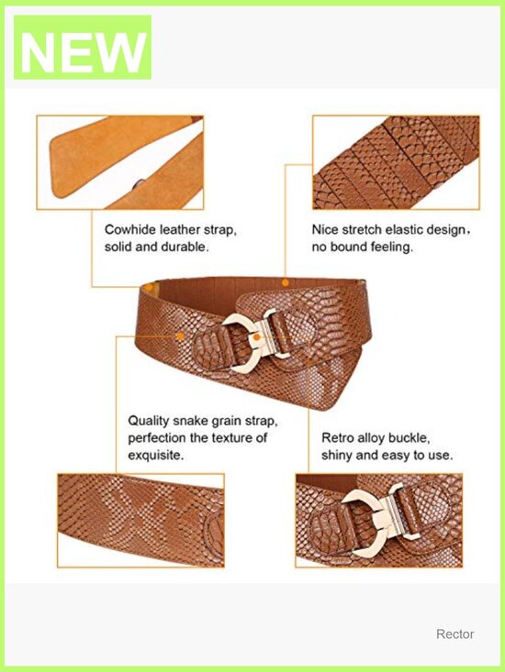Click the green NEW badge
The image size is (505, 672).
[x=83, y=47]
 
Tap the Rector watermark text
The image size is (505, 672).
[x=454, y=633]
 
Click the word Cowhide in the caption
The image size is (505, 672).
[x=130, y=230]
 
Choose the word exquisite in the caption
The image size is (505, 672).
[x=155, y=455]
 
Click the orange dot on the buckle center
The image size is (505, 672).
[x=256, y=337]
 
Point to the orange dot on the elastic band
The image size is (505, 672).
[x=285, y=283]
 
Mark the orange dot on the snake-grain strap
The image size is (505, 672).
[x=181, y=336]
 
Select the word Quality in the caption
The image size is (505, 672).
[x=149, y=421]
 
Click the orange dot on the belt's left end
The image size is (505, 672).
[x=149, y=287]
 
